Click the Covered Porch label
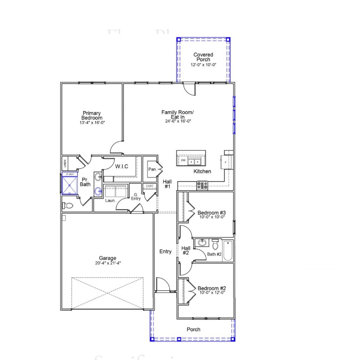click(203, 57)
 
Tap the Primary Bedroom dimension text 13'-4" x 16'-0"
click(91, 122)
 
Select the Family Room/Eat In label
click(178, 114)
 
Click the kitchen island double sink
click(194, 161)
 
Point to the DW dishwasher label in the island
click(183, 161)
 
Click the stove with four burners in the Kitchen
click(202, 184)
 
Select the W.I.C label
click(121, 166)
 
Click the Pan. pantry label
click(152, 169)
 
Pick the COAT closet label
click(149, 186)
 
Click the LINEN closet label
click(65, 162)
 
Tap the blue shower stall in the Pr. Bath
click(69, 184)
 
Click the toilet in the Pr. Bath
click(68, 206)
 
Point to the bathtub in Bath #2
click(228, 251)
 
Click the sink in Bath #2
click(202, 243)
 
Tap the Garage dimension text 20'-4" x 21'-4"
click(108, 263)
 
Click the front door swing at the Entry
click(162, 285)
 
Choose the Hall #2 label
click(185, 250)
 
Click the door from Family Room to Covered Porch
click(190, 88)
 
